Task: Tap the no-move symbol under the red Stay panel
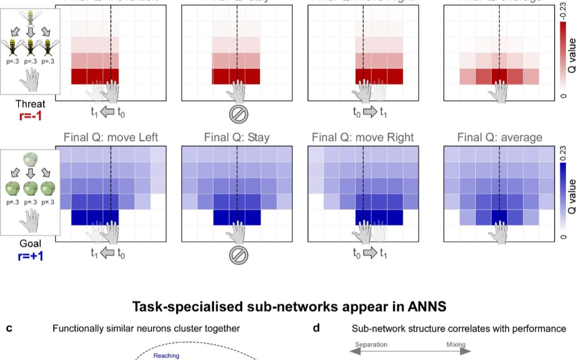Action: (x=237, y=113)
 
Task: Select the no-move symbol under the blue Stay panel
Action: (x=237, y=255)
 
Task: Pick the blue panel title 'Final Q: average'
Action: (x=500, y=138)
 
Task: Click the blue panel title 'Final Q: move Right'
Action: (x=363, y=138)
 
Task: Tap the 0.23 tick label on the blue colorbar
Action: (x=564, y=154)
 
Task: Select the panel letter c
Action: (x=9, y=329)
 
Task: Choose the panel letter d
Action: (x=316, y=329)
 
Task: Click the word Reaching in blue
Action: (x=166, y=356)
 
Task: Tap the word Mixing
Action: (x=456, y=345)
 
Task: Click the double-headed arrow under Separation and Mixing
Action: (x=410, y=351)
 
